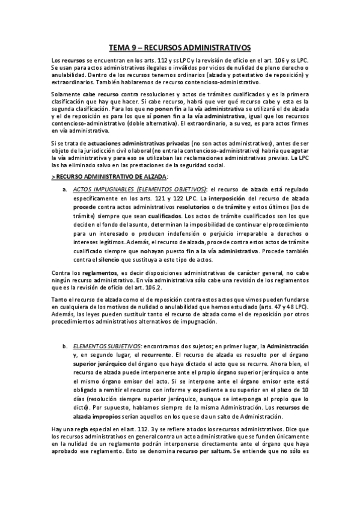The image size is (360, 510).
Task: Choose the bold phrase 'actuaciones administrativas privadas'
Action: click(x=108, y=142)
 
